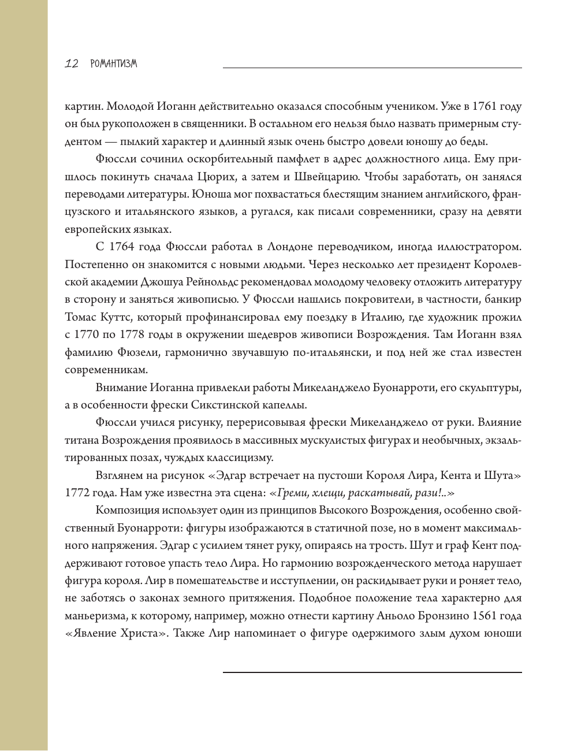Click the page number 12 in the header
click(x=72, y=64)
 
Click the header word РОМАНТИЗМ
click(x=114, y=64)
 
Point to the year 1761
click(x=484, y=106)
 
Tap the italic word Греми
click(x=290, y=493)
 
